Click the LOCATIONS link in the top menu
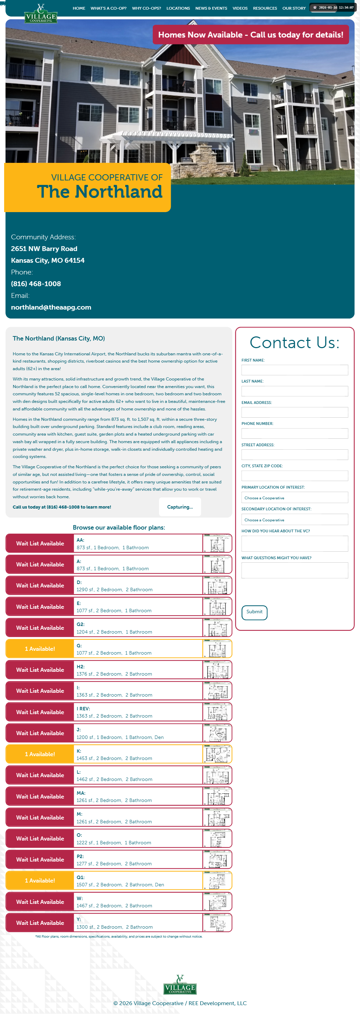tap(178, 8)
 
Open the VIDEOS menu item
tap(240, 8)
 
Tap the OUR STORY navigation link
tap(294, 8)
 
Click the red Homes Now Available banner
tap(251, 35)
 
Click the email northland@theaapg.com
tap(51, 307)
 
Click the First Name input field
tap(294, 370)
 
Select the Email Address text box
tap(294, 412)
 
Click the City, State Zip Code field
tap(294, 476)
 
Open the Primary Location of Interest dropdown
tap(294, 498)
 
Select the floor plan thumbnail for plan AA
tap(217, 543)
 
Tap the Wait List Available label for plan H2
tap(40, 670)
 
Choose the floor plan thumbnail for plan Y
tap(217, 923)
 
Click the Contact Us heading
tap(294, 343)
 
